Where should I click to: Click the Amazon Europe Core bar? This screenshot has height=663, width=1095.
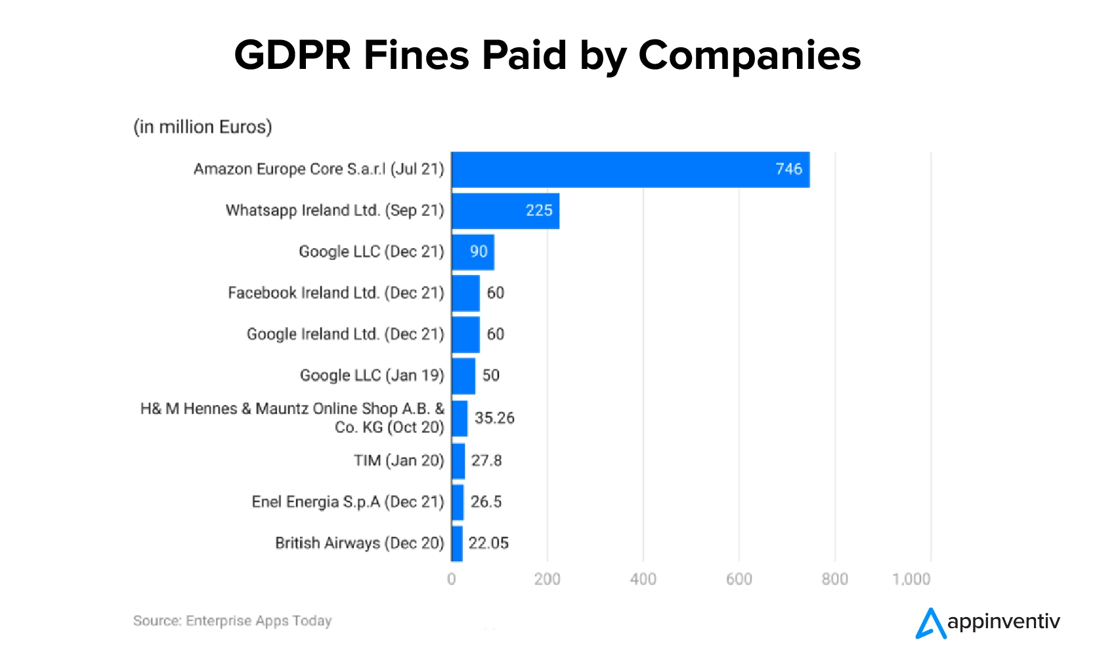point(630,169)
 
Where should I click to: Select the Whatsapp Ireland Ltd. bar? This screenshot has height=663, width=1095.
point(505,211)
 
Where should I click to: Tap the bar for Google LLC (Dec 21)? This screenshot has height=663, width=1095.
point(473,252)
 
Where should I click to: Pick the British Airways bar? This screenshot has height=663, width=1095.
point(457,544)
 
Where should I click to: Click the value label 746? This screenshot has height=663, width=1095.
point(788,169)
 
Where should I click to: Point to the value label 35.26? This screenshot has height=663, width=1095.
point(494,418)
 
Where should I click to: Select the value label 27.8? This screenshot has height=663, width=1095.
point(486,461)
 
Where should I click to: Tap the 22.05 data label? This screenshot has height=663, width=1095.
point(488,544)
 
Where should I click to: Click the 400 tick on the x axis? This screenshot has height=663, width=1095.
point(643,579)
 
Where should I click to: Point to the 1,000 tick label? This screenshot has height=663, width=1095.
point(911,579)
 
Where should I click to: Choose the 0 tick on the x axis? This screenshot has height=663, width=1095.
point(452,579)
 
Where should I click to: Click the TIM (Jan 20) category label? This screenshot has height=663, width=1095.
point(398,461)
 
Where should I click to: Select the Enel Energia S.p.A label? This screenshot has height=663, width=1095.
point(348,502)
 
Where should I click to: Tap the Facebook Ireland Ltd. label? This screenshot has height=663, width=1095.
point(335,293)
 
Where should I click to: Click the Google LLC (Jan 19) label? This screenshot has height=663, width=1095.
point(372,375)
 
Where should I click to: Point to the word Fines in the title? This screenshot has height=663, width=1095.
point(416,55)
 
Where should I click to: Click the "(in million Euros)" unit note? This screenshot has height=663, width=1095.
point(202,127)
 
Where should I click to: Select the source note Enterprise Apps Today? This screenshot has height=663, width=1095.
point(232,621)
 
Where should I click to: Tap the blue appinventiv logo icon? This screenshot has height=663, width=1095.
point(930,624)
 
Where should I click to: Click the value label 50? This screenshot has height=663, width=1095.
point(491,375)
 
